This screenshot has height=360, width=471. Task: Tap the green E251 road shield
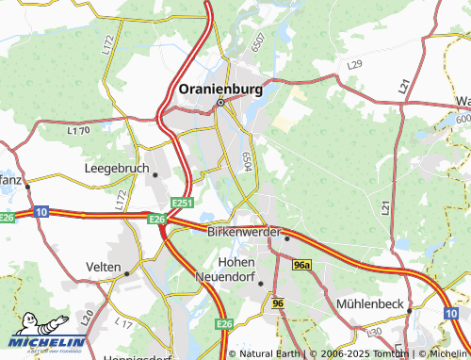click(x=183, y=203)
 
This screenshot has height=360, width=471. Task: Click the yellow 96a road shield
click(x=300, y=267)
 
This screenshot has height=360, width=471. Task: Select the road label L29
click(x=355, y=64)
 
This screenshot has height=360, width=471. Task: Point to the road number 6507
click(x=257, y=43)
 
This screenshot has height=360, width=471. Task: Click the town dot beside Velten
click(x=126, y=273)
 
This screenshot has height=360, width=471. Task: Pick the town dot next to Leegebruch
click(x=154, y=174)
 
